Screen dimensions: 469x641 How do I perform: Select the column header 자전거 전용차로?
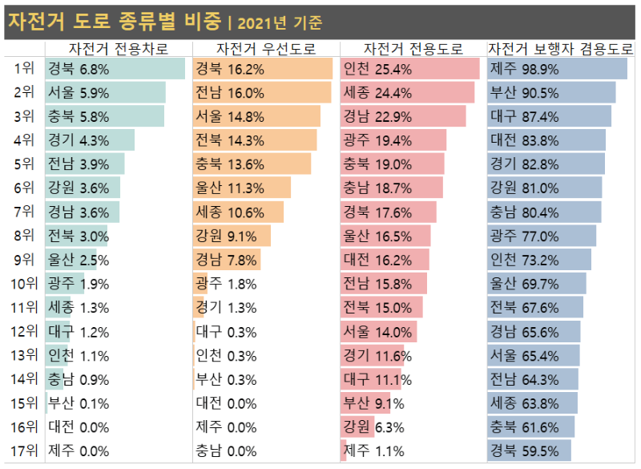click(119, 49)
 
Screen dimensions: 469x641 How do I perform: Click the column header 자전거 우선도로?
click(265, 49)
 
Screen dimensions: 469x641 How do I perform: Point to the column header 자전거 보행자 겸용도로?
click(560, 49)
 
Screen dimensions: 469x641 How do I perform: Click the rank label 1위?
click(25, 68)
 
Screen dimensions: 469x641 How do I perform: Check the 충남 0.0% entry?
click(226, 451)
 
